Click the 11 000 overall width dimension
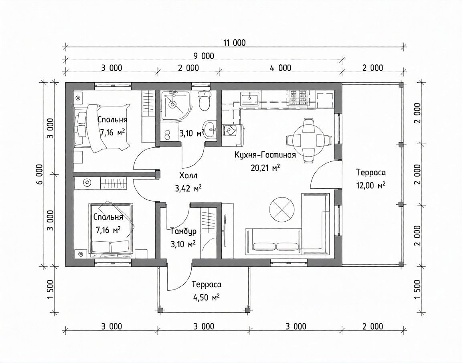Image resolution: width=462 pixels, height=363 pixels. click(234, 43)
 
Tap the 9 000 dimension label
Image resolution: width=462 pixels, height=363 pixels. click(204, 55)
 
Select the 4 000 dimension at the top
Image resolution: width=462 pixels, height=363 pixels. click(280, 68)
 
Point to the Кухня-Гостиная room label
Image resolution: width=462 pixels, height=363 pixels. click(265, 155)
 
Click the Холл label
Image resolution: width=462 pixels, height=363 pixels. click(188, 175)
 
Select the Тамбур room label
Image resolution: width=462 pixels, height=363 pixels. click(183, 231)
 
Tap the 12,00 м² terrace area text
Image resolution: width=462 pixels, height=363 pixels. click(371, 186)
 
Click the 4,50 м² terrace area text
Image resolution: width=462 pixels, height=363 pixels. click(206, 297)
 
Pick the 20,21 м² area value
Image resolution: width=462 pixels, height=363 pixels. click(265, 167)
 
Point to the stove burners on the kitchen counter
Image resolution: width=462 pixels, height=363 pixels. click(298, 98)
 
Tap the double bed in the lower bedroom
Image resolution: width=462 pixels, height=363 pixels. click(111, 228)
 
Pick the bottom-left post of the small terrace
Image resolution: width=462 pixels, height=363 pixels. click(160, 310)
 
